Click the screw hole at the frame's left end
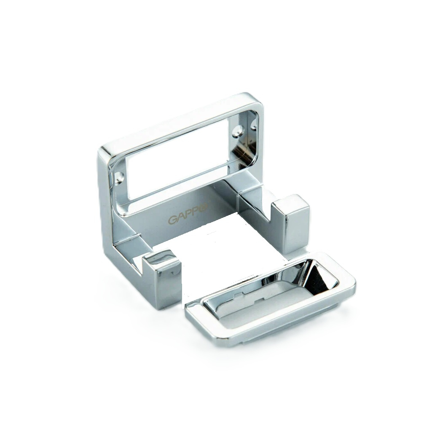click(120, 177)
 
